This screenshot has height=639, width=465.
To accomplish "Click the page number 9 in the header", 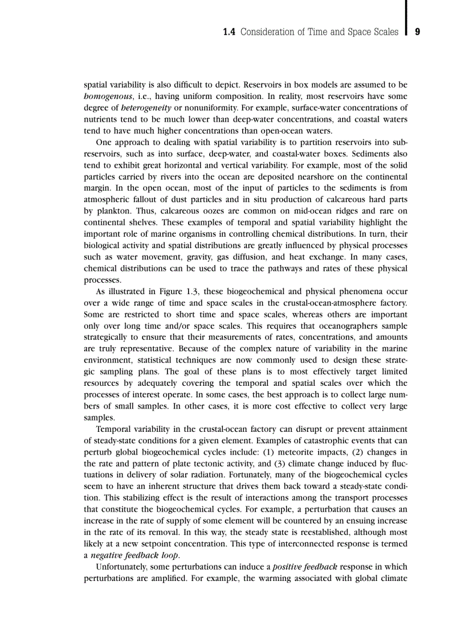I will point(417,32).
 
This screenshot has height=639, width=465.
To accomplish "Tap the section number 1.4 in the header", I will point(229,32).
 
